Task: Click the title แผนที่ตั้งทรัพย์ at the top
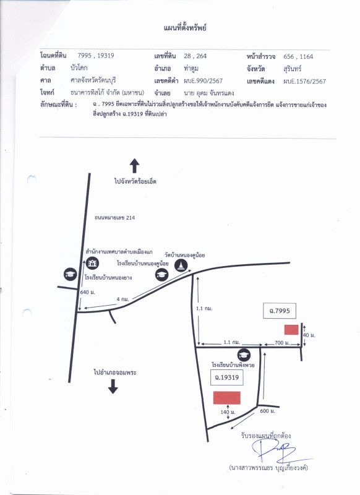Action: [x=185, y=28]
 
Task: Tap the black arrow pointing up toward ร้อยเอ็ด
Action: [x=134, y=166]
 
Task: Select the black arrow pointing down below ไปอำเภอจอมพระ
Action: [x=113, y=386]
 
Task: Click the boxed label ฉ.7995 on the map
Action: [x=279, y=311]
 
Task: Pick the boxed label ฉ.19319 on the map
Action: [x=226, y=377]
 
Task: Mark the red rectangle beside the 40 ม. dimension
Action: [x=291, y=330]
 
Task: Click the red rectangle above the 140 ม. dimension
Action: [x=226, y=398]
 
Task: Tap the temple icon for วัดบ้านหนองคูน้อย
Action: [x=181, y=265]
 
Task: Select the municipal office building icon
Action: [x=92, y=263]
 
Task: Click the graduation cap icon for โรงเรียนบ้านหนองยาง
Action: [x=70, y=274]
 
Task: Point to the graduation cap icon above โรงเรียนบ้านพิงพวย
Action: [x=244, y=355]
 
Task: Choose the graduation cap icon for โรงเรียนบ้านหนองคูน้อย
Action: [x=161, y=274]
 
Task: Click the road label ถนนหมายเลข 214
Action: [x=114, y=218]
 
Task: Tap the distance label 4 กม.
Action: [x=122, y=299]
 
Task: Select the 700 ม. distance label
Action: [x=282, y=343]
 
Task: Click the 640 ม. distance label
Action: [x=87, y=292]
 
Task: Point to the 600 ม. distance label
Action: [x=268, y=411]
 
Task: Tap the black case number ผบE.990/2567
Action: [x=203, y=81]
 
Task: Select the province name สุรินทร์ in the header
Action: [x=292, y=69]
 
